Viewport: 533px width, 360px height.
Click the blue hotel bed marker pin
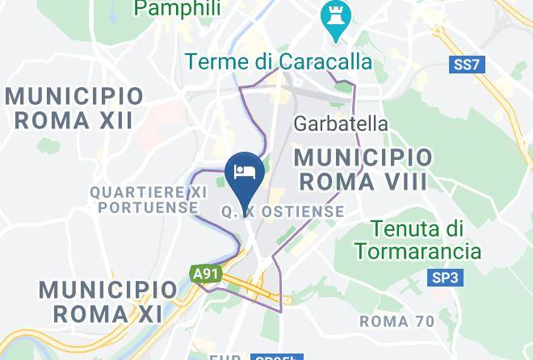point(243,172)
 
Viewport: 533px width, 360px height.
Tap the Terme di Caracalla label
point(279,61)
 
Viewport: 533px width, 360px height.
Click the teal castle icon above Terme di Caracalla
point(332,15)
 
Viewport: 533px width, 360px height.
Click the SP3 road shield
point(443,278)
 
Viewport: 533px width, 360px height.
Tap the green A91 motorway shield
point(205,274)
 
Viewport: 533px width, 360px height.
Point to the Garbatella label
point(341,124)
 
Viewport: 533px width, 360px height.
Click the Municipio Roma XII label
point(74,108)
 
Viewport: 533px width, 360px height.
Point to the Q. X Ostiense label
point(282,212)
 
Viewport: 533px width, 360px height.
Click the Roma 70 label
point(397,320)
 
